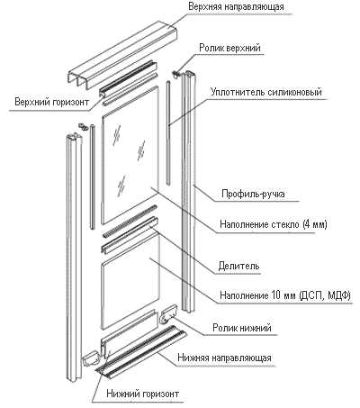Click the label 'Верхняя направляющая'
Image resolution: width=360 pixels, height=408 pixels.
pyautogui.click(x=236, y=6)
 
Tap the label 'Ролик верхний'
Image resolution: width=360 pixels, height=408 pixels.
pyautogui.click(x=229, y=48)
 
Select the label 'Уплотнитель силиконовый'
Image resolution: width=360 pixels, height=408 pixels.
pyautogui.click(x=266, y=92)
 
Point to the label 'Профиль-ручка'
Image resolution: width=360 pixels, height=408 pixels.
pyautogui.click(x=253, y=194)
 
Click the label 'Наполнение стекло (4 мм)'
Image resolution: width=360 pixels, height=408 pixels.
pyautogui.click(x=274, y=224)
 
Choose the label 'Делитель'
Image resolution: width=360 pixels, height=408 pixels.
pyautogui.click(x=238, y=266)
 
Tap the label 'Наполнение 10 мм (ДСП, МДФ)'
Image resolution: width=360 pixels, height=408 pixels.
pyautogui.click(x=285, y=295)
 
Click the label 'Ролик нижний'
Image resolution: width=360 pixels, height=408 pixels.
pyautogui.click(x=242, y=327)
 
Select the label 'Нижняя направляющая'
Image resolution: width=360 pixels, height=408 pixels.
pyautogui.click(x=224, y=358)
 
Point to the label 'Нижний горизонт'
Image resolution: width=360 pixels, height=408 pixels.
pyautogui.click(x=143, y=394)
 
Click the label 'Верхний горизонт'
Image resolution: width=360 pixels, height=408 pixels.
pyautogui.click(x=52, y=102)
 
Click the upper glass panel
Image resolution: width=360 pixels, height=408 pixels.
pyautogui.click(x=130, y=155)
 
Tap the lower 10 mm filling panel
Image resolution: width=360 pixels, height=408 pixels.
pyautogui.click(x=130, y=281)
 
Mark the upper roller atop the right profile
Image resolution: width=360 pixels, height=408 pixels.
pyautogui.click(x=176, y=74)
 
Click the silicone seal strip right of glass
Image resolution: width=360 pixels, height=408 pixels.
pyautogui.click(x=168, y=132)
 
